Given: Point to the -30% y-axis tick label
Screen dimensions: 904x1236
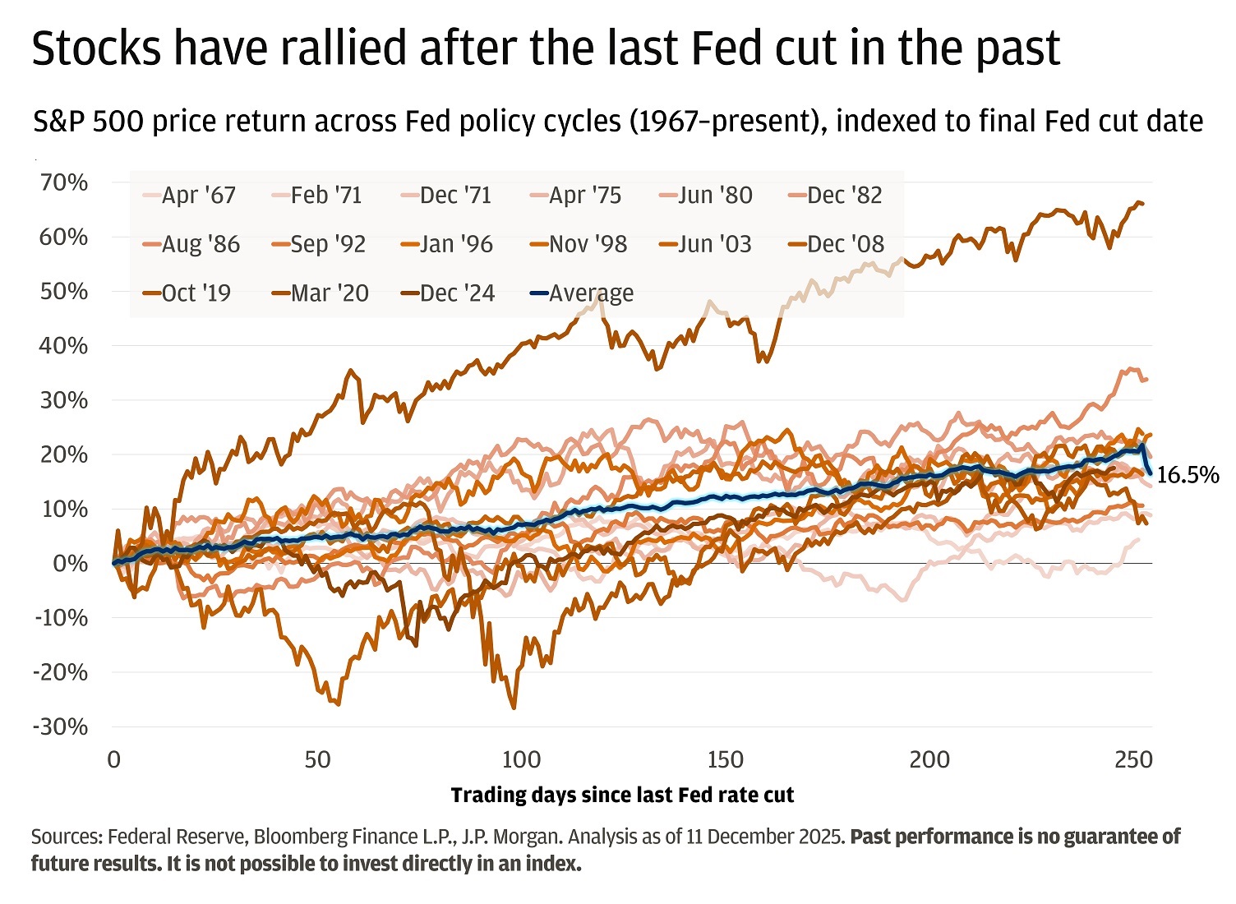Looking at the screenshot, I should (60, 726).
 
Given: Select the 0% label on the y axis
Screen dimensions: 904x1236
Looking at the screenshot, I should (70, 564).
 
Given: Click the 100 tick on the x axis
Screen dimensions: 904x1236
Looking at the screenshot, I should (521, 759).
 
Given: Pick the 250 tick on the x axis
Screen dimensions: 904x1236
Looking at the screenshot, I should (1132, 759).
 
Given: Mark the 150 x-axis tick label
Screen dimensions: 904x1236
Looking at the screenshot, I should (725, 759).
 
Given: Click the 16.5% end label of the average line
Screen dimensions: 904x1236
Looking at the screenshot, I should (1188, 475).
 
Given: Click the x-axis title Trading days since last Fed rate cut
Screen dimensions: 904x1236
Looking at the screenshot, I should (622, 796).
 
